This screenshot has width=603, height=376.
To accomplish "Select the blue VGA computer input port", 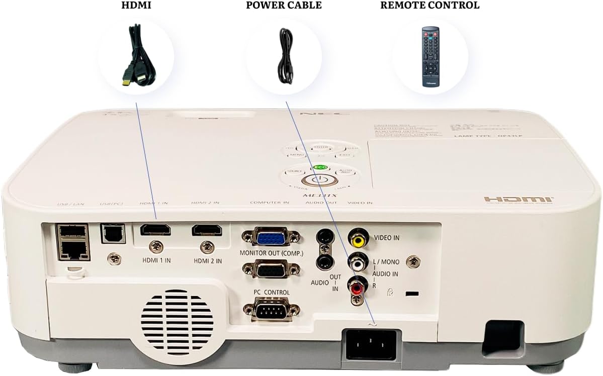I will click(x=271, y=237).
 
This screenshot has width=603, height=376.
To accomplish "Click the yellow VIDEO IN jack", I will click(x=358, y=238).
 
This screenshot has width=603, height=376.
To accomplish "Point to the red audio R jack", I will click(x=357, y=288).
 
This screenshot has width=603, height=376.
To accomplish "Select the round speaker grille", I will click(x=177, y=320).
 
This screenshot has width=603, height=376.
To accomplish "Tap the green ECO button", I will click(x=318, y=167).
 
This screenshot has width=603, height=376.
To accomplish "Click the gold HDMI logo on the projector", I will click(x=519, y=200).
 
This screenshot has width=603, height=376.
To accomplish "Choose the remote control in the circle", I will click(x=430, y=56).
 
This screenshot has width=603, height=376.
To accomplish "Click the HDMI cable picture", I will click(x=135, y=56).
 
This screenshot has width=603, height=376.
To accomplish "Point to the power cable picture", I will click(x=285, y=56).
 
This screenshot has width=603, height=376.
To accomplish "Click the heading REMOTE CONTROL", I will click(x=429, y=6).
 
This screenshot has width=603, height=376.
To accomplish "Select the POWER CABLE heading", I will click(x=284, y=6).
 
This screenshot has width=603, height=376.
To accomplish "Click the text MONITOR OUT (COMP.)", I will click(x=272, y=253).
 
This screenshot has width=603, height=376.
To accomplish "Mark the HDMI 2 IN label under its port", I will click(x=207, y=261).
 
